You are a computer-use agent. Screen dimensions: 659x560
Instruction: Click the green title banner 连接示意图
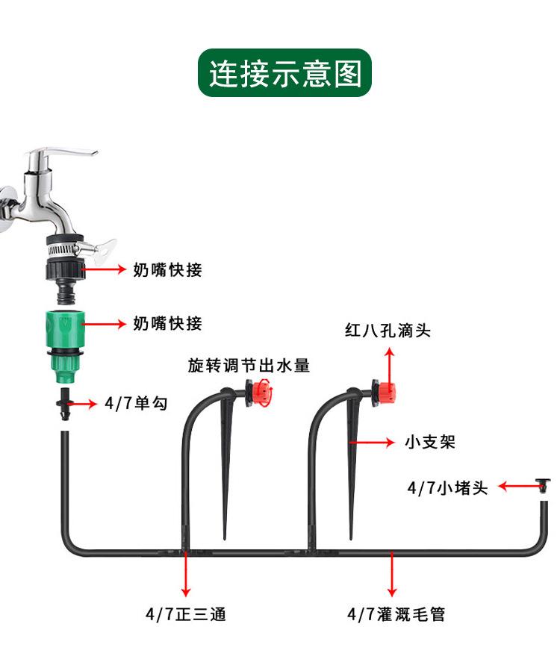coord(284,73)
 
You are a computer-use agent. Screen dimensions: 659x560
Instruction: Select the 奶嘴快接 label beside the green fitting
coord(167,324)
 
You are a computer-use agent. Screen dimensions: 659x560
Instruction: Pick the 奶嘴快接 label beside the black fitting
coord(167,270)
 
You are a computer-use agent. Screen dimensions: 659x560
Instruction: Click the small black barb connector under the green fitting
coord(64,404)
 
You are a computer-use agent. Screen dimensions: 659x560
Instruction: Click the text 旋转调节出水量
coord(248,366)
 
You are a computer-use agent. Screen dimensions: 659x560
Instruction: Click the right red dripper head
coord(387,390)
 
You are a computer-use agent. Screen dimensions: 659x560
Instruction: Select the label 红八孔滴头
coord(388,330)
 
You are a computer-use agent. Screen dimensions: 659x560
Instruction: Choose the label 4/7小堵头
coord(447,488)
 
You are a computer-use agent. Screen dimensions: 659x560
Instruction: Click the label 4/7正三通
coord(185,615)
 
